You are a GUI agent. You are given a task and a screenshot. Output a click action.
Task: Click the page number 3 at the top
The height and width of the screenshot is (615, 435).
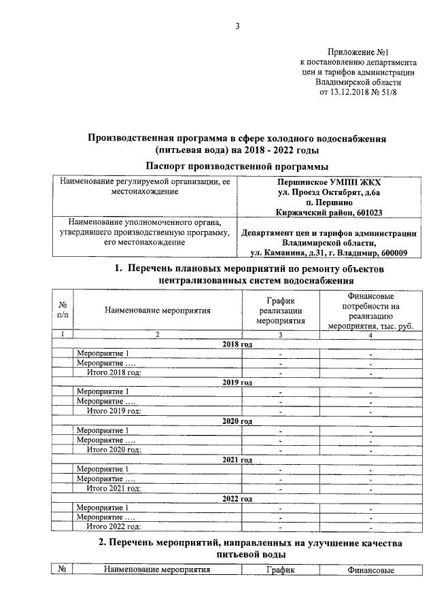[x=237, y=27]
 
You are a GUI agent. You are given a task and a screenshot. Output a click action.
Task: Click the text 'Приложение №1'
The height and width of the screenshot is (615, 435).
[x=358, y=52]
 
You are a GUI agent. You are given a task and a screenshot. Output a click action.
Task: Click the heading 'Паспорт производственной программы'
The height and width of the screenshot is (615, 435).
[x=237, y=166]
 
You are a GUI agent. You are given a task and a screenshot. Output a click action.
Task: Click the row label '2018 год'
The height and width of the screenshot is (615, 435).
[x=237, y=345]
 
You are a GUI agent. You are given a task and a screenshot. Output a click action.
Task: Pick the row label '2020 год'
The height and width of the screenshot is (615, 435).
[x=237, y=421]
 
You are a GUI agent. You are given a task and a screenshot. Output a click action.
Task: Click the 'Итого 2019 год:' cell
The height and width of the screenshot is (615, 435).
[x=113, y=411]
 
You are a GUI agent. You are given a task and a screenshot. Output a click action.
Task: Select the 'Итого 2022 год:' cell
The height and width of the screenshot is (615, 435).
[x=113, y=527]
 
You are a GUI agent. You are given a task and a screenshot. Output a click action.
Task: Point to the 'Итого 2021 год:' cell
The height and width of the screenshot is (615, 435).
[x=113, y=488]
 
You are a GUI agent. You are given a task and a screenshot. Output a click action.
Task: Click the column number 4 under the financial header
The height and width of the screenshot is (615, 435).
[x=370, y=335]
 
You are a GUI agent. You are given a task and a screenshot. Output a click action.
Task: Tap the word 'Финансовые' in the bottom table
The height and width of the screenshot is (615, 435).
[x=370, y=571]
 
